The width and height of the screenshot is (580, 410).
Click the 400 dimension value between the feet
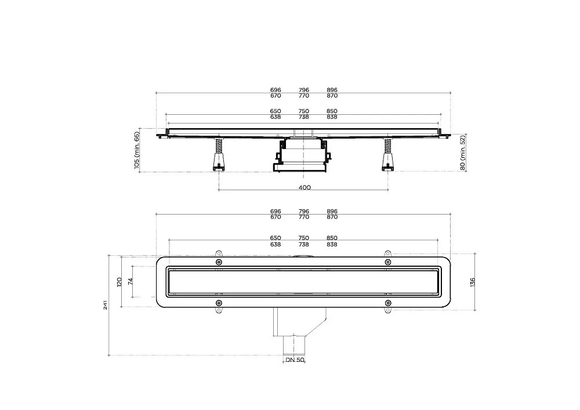click(304, 187)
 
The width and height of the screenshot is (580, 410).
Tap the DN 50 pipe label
click(295, 360)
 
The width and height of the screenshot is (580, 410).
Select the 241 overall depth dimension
click(105, 305)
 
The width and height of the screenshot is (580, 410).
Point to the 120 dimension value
click(119, 282)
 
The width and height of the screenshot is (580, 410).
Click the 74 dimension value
click(130, 281)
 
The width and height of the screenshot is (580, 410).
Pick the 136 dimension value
click(472, 282)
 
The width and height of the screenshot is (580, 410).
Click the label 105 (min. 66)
click(137, 150)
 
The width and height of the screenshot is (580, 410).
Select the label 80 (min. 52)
click(462, 153)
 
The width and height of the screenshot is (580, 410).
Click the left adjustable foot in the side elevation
click(219, 154)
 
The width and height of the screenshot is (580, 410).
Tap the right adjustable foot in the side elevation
click(387, 154)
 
